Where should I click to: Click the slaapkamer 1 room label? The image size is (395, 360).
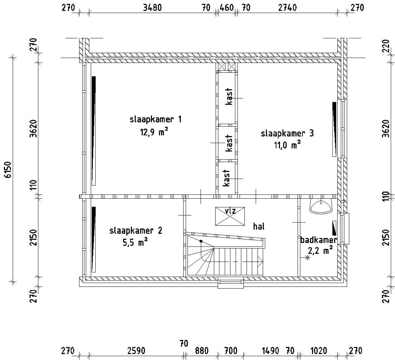(x=155, y=120)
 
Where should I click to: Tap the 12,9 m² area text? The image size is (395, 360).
(x=154, y=132)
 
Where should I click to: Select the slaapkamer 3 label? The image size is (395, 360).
(x=287, y=134)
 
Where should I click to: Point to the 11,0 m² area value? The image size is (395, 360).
(x=287, y=145)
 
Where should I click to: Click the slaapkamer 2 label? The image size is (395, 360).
(x=136, y=231)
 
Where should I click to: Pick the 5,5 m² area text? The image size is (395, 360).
(x=135, y=242)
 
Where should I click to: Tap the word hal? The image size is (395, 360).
(x=259, y=226)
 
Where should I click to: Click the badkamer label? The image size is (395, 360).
(x=318, y=240)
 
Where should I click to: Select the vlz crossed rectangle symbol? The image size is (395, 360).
(x=230, y=216)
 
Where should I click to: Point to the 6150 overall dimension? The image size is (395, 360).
(x=8, y=169)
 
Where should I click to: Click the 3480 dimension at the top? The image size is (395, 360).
(x=152, y=8)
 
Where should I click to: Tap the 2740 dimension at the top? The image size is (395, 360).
(x=287, y=8)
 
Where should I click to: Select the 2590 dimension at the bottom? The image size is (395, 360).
(x=136, y=351)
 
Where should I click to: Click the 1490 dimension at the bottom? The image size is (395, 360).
(x=270, y=351)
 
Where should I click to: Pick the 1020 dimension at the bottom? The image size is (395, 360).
(x=318, y=351)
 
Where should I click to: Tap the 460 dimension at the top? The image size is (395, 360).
(x=227, y=8)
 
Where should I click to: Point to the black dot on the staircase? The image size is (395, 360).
(x=201, y=241)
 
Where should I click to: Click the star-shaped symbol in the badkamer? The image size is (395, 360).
(x=307, y=257)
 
